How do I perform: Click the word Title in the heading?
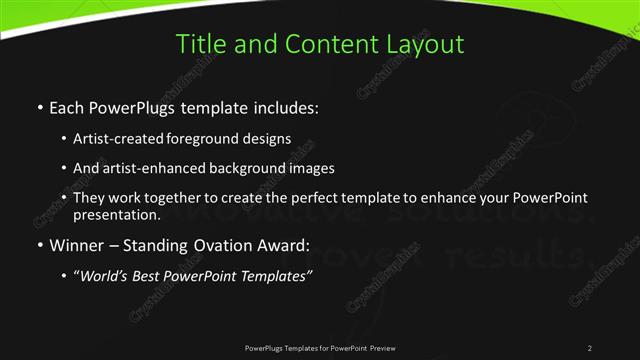tap(200, 44)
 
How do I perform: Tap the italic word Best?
tap(153, 276)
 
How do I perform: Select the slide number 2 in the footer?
tap(590, 347)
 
